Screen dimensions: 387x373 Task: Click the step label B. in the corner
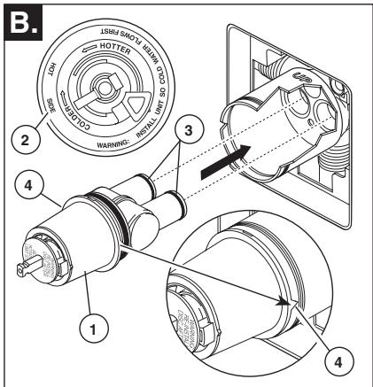coord(19,16)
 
